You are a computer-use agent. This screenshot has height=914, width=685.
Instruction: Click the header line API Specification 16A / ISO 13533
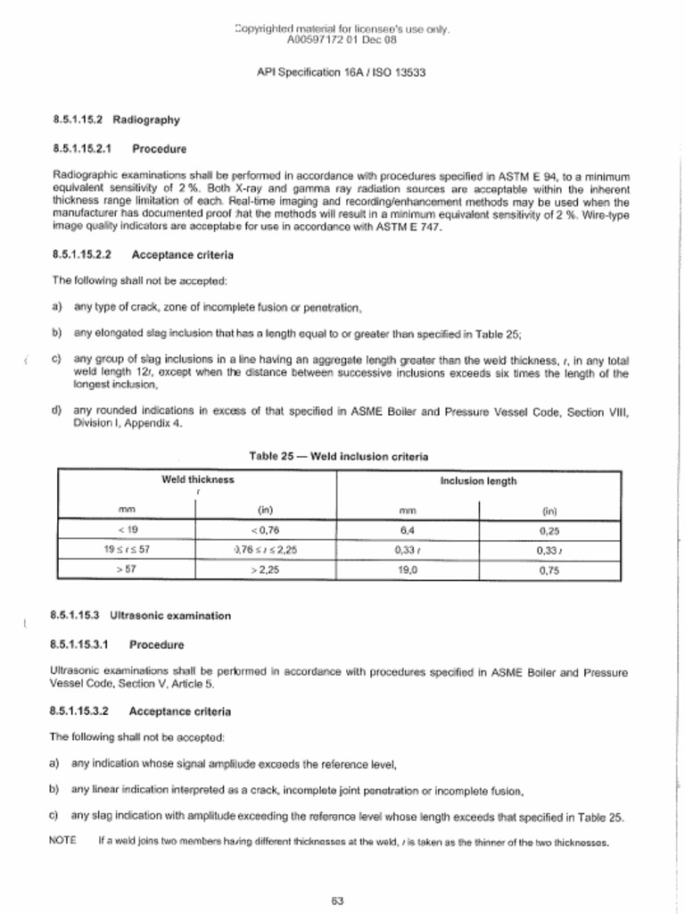pos(342,71)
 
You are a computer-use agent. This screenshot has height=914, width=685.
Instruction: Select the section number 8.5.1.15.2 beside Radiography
pos(78,119)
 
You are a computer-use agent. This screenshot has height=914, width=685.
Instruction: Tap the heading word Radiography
pos(146,119)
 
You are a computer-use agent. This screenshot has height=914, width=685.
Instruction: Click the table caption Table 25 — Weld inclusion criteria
pos(338,456)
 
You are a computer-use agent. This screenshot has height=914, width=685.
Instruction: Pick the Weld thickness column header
pos(197,479)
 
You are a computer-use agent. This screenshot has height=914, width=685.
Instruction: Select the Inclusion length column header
pos(478,481)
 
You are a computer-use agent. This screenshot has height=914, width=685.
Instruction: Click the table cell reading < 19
pos(126,529)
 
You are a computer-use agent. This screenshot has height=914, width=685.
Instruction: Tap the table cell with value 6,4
pos(408,529)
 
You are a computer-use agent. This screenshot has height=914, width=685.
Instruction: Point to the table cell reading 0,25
pos(549,529)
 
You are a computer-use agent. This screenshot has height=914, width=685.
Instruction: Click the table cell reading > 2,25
pos(265,569)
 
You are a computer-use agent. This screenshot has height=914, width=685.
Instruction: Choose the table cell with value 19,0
pos(408,569)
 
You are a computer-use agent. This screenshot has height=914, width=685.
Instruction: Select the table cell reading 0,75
pos(549,569)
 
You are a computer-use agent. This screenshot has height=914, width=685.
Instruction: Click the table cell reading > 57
pos(126,569)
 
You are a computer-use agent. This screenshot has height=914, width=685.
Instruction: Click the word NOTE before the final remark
pos(62,840)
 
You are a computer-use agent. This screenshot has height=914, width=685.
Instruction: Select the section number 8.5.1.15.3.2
pos(80,711)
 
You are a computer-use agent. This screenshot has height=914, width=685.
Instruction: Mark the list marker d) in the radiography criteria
pos(57,411)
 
